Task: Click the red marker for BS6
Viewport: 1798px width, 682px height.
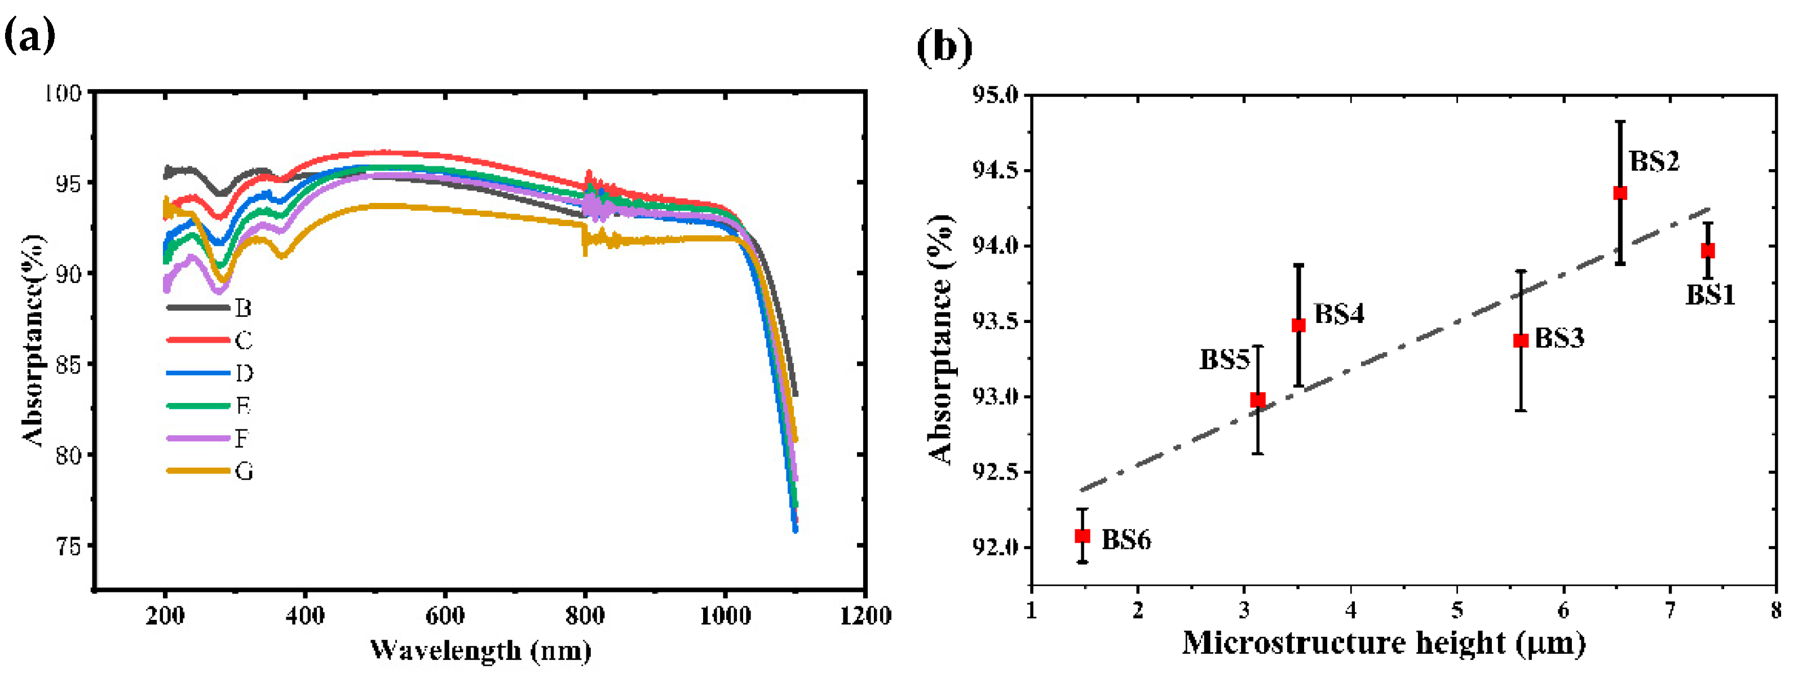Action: [1082, 536]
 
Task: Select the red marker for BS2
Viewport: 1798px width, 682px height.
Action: [1620, 193]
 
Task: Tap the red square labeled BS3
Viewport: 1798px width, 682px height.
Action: [1521, 340]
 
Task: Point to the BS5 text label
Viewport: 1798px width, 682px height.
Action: [1224, 360]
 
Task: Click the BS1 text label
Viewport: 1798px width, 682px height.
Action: [1710, 295]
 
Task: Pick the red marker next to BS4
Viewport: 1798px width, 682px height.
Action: [1298, 325]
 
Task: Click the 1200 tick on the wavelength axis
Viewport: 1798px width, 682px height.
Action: [865, 615]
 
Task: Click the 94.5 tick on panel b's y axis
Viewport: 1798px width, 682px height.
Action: [995, 170]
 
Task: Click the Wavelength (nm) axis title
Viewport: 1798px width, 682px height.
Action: [480, 650]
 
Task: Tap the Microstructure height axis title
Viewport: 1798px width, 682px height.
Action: [1384, 644]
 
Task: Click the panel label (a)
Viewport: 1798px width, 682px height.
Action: [29, 36]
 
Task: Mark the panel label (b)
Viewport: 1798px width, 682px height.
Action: [944, 47]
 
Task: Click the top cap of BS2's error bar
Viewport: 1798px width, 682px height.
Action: [1620, 121]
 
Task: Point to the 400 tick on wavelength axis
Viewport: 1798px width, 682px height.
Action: [305, 615]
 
